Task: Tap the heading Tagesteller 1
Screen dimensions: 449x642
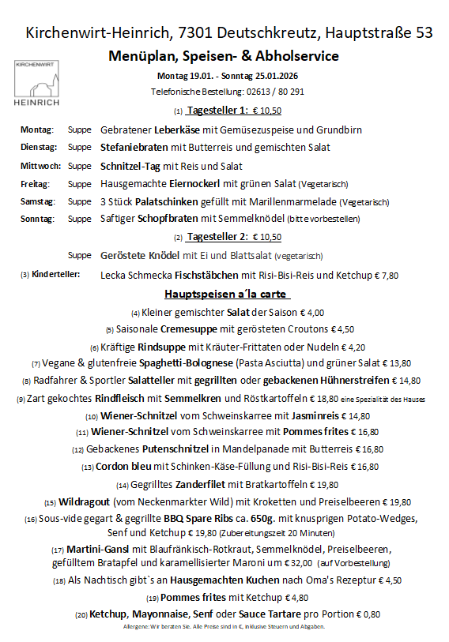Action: pyautogui.click(x=218, y=110)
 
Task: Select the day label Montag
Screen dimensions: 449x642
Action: pyautogui.click(x=36, y=130)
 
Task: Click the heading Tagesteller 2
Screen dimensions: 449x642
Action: pyautogui.click(x=218, y=236)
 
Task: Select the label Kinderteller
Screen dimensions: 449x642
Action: pyautogui.click(x=56, y=274)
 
